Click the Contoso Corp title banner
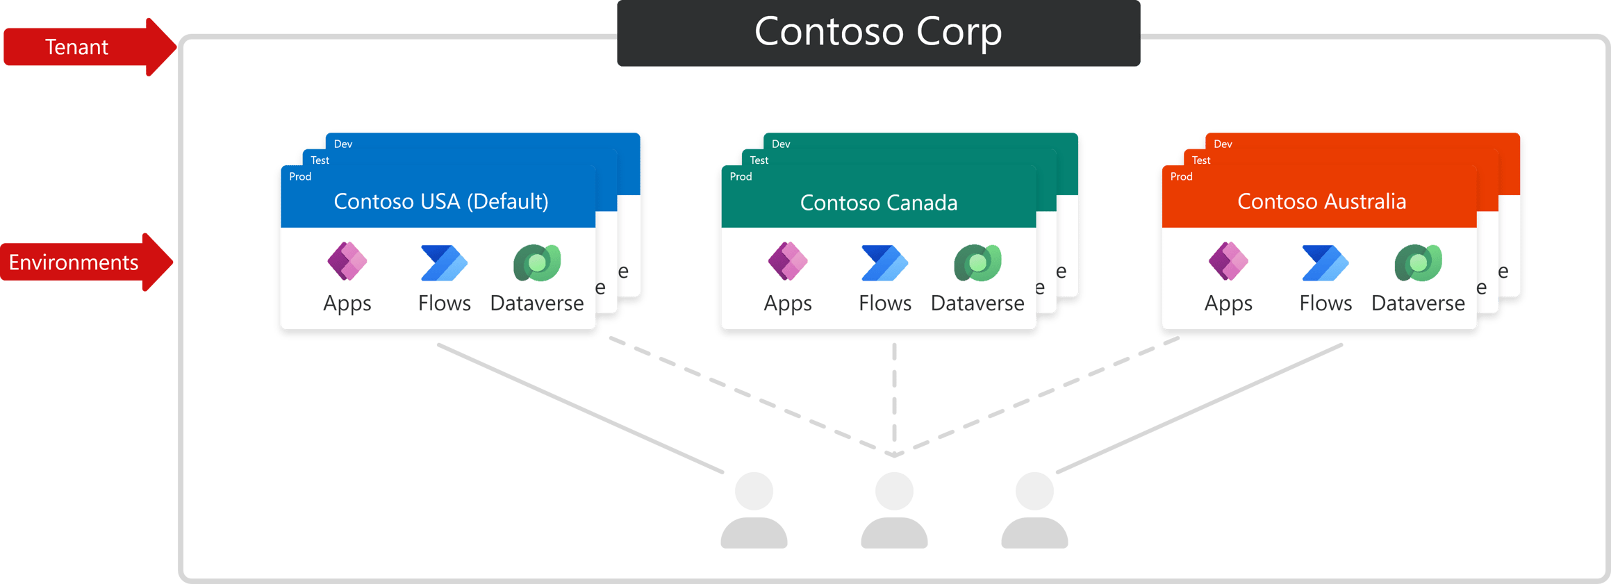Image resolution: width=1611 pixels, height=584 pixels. [x=878, y=33]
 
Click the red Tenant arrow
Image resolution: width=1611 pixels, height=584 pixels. [x=83, y=47]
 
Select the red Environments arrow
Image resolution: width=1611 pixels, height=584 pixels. [x=80, y=262]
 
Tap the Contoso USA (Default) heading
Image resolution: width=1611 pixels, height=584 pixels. [x=440, y=201]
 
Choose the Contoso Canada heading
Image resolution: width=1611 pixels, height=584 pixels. [x=878, y=203]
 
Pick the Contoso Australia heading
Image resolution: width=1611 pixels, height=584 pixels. [x=1321, y=201]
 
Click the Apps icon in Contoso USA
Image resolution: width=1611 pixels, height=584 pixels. [x=347, y=262]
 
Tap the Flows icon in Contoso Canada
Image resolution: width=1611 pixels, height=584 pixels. [x=884, y=263]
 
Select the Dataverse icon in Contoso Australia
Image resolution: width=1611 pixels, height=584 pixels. [x=1418, y=263]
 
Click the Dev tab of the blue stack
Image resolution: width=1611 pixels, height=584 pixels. [x=343, y=144]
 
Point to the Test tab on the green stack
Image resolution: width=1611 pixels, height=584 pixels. [x=759, y=160]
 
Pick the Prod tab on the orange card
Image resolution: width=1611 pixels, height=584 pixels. [x=1181, y=176]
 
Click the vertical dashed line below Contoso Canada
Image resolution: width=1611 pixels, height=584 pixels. [x=894, y=396]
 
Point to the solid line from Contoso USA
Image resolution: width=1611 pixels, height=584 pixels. [x=580, y=409]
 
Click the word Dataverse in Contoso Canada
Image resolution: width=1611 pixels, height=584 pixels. [x=977, y=303]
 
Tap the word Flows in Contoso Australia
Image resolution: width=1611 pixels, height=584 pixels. [x=1325, y=303]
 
